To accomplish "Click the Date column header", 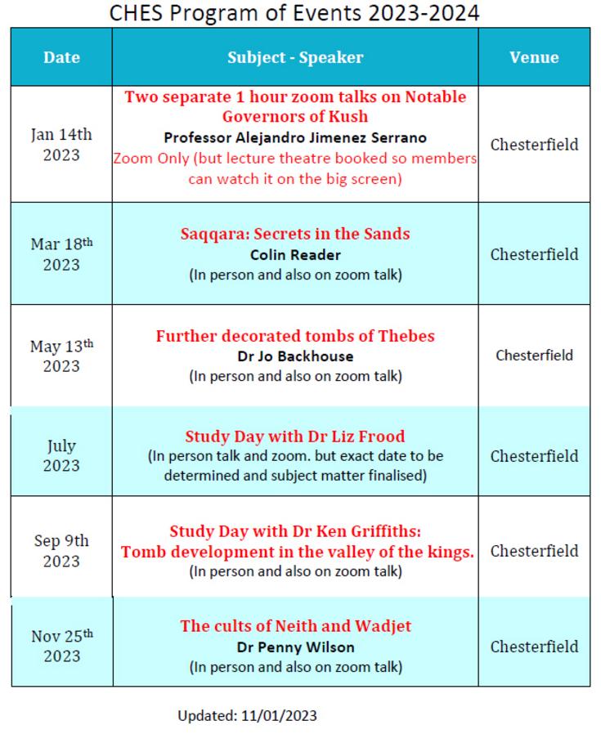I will click(x=61, y=57).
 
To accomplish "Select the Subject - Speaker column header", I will click(x=295, y=57).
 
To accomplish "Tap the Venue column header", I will click(x=534, y=57).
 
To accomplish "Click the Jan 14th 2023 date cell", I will click(x=61, y=145).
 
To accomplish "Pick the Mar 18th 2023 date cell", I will click(x=61, y=254).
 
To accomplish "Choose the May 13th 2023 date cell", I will click(x=61, y=356).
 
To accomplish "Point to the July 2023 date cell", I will click(x=61, y=455).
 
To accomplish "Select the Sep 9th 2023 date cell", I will click(x=61, y=551).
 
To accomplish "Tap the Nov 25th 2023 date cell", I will click(x=61, y=646).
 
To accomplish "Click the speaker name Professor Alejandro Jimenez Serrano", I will click(x=295, y=137).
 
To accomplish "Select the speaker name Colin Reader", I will click(x=295, y=254).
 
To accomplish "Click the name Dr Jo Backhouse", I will click(x=295, y=356).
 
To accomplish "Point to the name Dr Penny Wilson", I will click(x=295, y=647).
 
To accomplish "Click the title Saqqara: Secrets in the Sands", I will click(x=295, y=234).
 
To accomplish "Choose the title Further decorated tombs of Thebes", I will click(x=295, y=336).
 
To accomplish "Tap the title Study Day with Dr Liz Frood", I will click(x=295, y=436).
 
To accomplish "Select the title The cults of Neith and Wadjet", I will click(x=295, y=626).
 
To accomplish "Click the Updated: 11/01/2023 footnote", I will click(x=247, y=716).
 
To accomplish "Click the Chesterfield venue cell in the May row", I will click(x=534, y=356).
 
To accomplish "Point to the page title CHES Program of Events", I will click(x=294, y=12).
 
